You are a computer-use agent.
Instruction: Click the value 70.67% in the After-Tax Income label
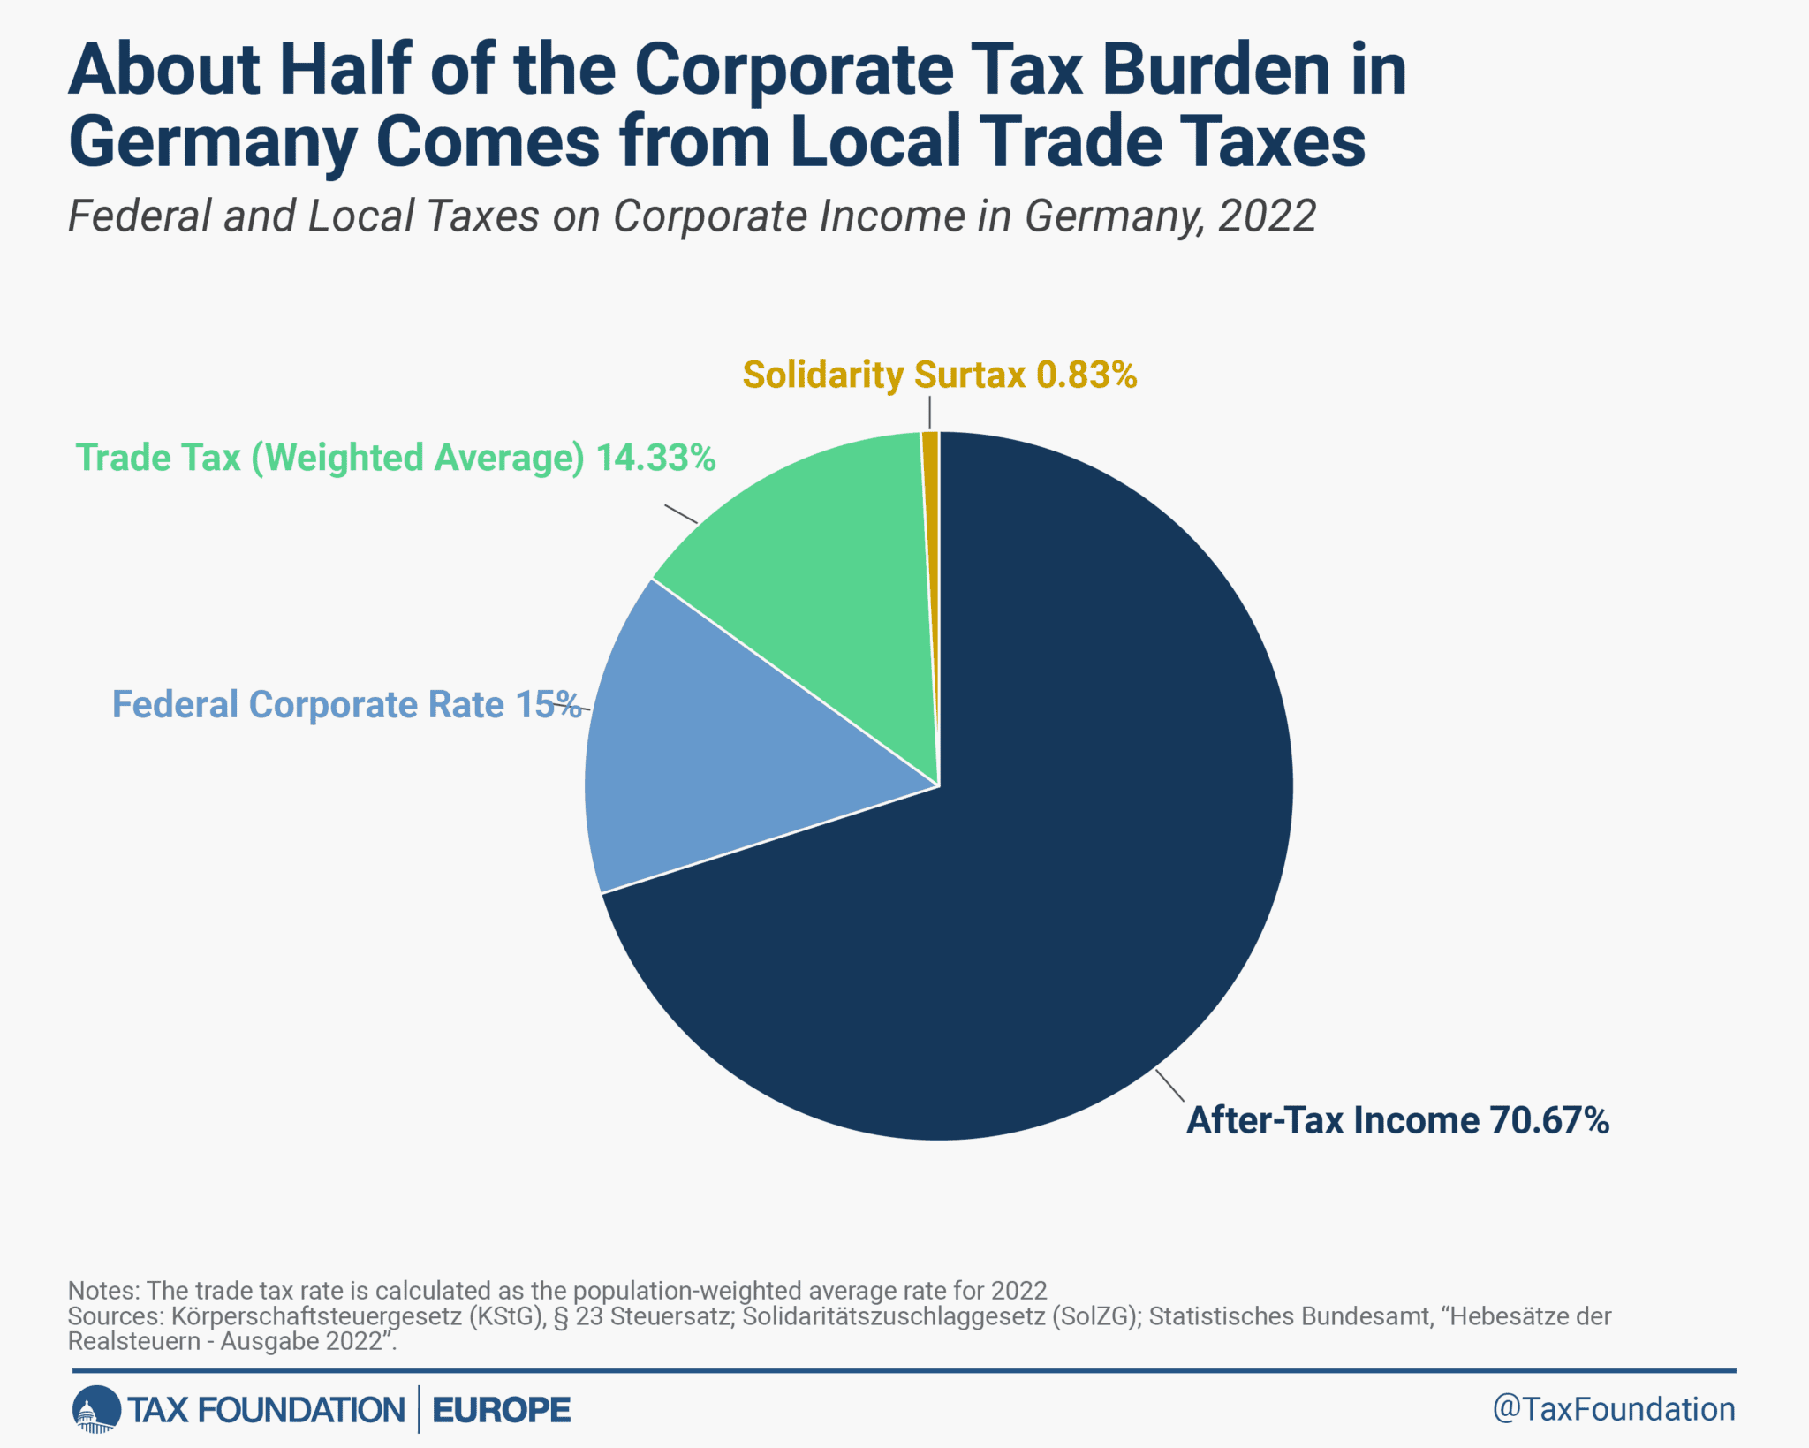pos(1549,1120)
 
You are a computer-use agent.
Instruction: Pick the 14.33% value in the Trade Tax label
pos(655,458)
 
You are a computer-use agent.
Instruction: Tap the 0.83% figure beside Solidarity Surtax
pos(1086,375)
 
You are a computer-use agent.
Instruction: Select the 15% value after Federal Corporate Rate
pos(548,705)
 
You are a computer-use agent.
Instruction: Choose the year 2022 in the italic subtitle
pos(1267,216)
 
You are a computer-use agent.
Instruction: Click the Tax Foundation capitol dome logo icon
pos(95,1409)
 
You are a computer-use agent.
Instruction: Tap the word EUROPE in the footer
pos(502,1410)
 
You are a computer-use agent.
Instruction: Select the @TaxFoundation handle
pos(1613,1409)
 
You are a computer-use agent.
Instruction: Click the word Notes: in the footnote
pos(103,1291)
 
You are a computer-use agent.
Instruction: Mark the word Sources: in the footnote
pos(116,1316)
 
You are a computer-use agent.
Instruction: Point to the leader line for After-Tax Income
pos(1169,1086)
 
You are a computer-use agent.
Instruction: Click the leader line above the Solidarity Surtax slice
pos(929,413)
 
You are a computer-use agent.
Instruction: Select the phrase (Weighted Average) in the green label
pos(418,458)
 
